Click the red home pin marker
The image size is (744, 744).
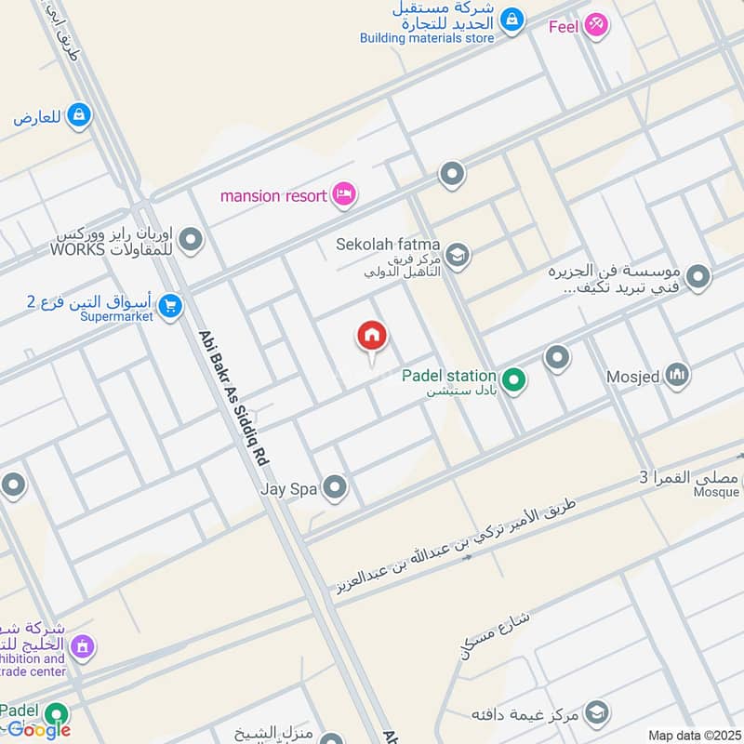(372, 338)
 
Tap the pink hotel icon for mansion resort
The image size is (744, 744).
(345, 195)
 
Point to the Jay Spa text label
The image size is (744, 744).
(289, 487)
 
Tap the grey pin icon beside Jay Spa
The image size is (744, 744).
(334, 487)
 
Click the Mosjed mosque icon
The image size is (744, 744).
(677, 376)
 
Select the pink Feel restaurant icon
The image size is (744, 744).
(596, 25)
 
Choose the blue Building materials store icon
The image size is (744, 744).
(511, 19)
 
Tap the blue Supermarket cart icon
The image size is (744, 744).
(169, 306)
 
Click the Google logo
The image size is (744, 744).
(39, 729)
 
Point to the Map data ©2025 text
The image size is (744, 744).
(694, 735)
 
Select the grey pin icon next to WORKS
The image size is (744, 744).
(191, 242)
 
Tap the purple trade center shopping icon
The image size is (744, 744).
(82, 646)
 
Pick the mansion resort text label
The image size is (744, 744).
(273, 196)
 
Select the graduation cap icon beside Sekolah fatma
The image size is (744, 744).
(458, 254)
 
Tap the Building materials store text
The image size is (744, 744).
(427, 38)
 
